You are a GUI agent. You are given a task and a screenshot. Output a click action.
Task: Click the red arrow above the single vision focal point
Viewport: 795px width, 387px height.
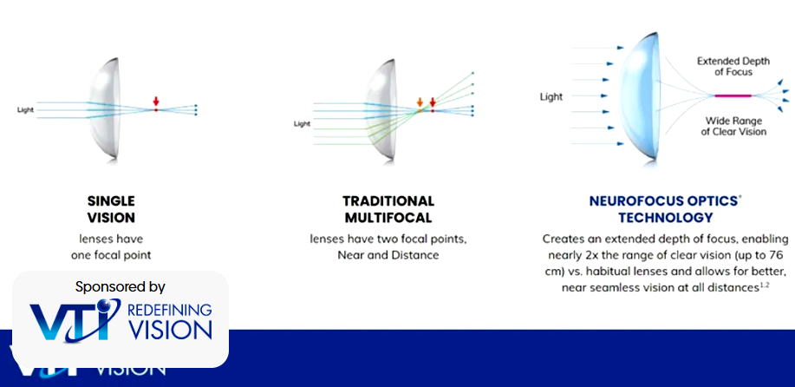[156, 102]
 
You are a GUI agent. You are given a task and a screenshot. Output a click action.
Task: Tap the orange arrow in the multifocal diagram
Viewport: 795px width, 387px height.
[420, 102]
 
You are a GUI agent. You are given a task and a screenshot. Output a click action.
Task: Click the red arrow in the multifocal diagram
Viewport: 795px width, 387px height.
[433, 102]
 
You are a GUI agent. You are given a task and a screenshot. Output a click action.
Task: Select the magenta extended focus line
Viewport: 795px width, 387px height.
[733, 95]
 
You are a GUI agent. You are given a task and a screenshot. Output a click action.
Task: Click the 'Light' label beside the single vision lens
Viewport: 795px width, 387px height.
[25, 110]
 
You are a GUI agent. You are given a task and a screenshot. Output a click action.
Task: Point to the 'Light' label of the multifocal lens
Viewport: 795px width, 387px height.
[303, 124]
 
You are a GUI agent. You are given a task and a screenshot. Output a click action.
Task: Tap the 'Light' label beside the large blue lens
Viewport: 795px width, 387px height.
[551, 97]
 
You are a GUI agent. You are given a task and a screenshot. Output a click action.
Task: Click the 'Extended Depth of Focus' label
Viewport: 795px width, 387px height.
[733, 67]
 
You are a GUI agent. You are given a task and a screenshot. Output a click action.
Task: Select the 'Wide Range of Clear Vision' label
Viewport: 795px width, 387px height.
[733, 127]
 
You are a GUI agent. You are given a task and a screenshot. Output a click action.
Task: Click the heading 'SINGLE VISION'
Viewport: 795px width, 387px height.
[111, 209]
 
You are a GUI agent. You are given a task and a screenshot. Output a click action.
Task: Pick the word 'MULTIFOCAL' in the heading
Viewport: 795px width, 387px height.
[388, 218]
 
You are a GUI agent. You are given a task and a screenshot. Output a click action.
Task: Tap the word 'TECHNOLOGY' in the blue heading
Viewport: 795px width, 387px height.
[666, 218]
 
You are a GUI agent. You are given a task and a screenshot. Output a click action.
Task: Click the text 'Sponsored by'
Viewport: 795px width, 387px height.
[121, 287]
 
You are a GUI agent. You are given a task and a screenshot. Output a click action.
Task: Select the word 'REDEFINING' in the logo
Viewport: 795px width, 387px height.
[169, 310]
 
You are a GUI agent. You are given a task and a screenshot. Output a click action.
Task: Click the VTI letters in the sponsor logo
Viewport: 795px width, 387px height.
[75, 320]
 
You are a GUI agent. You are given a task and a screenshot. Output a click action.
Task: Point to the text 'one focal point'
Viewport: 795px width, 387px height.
[111, 255]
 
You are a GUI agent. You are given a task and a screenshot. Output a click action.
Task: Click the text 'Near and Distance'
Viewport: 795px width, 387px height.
[388, 254]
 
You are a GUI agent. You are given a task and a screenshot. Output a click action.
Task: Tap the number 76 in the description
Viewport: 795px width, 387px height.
[780, 254]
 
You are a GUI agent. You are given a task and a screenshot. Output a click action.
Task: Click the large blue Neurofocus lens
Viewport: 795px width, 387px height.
[640, 96]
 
